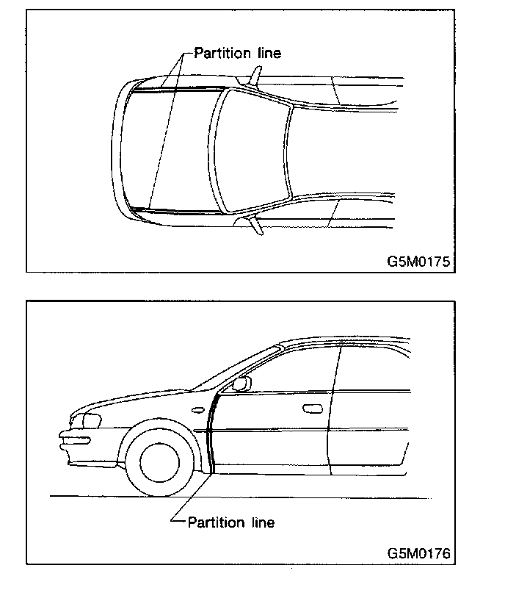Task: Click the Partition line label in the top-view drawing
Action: [x=237, y=53]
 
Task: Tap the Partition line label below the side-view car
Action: [x=231, y=522]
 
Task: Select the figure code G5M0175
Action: [x=419, y=261]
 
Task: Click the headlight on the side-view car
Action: [x=89, y=421]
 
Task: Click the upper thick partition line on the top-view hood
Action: [x=176, y=90]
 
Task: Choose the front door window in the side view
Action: [x=290, y=367]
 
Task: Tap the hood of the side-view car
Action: [x=147, y=400]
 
